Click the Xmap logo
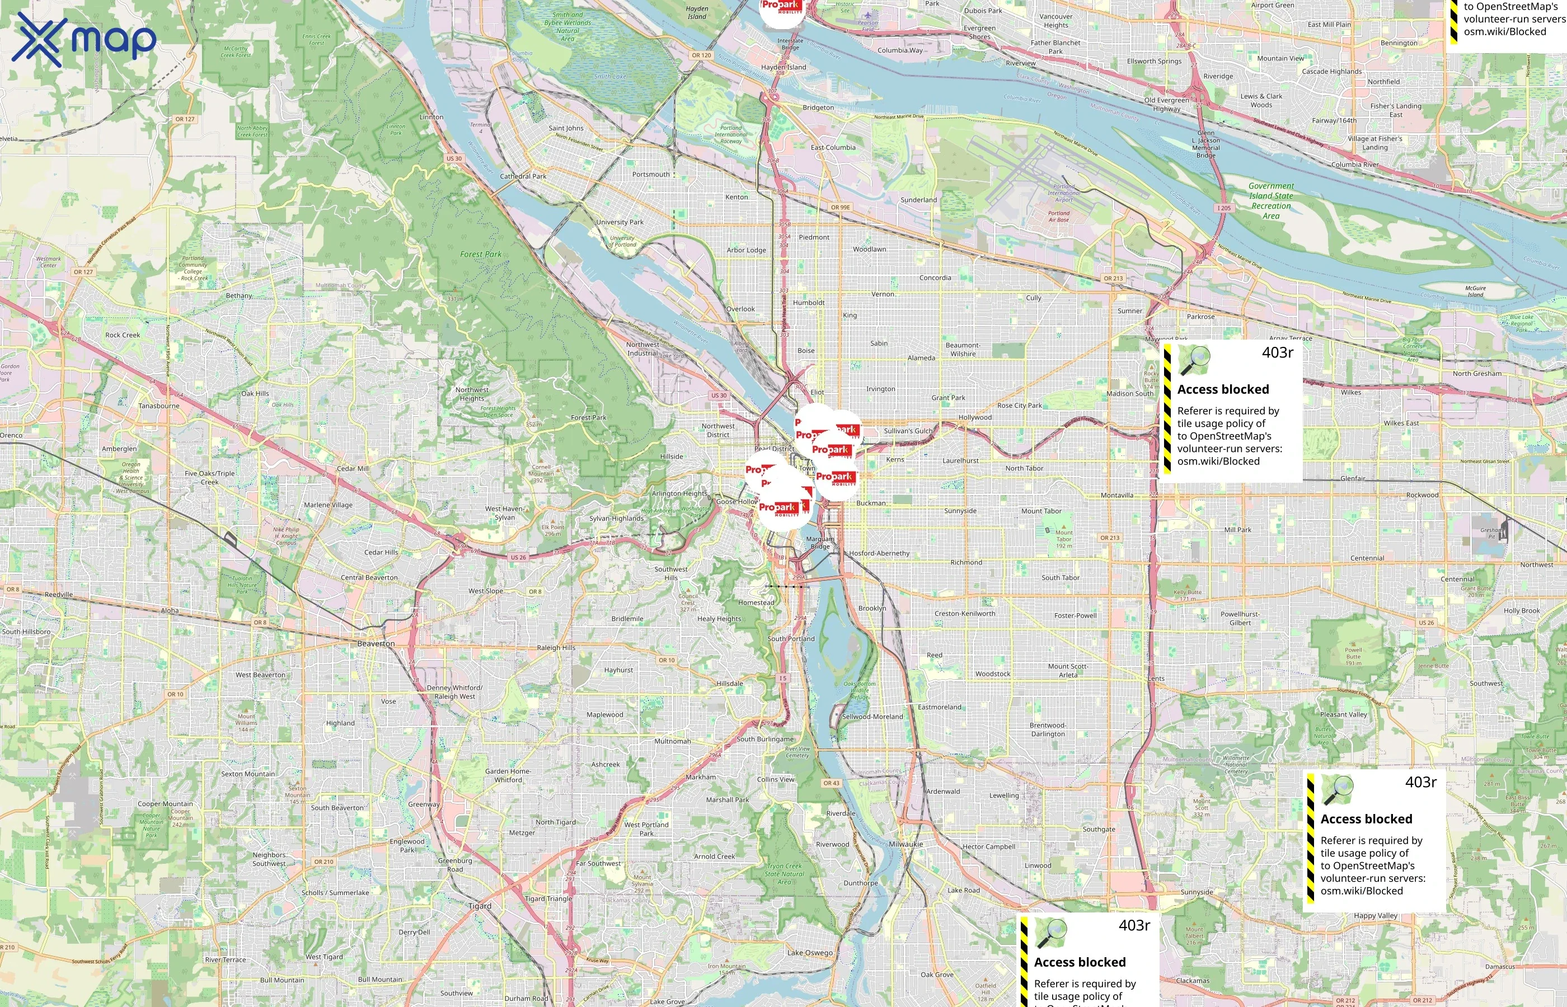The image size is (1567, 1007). (x=84, y=39)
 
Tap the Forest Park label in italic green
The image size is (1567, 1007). (x=481, y=255)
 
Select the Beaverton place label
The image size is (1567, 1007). (x=376, y=643)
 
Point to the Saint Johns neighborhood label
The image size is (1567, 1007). (x=566, y=128)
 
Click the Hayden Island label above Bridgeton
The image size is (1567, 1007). (x=783, y=67)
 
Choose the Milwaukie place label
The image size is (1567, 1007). (x=906, y=844)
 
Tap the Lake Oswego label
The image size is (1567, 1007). (x=810, y=953)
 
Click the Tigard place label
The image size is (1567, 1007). (x=480, y=906)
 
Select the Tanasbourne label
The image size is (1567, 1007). (x=159, y=406)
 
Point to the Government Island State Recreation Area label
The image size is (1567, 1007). (x=1271, y=201)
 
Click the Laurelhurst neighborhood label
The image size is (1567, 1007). (x=960, y=460)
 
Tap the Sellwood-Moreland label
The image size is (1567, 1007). (x=872, y=717)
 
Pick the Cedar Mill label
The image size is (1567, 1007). (x=353, y=468)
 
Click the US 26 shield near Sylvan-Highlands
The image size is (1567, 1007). (x=518, y=558)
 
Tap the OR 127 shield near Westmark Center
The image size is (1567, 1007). (x=83, y=272)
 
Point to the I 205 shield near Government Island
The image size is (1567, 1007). (x=1223, y=208)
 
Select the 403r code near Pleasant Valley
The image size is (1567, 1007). (x=1420, y=782)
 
